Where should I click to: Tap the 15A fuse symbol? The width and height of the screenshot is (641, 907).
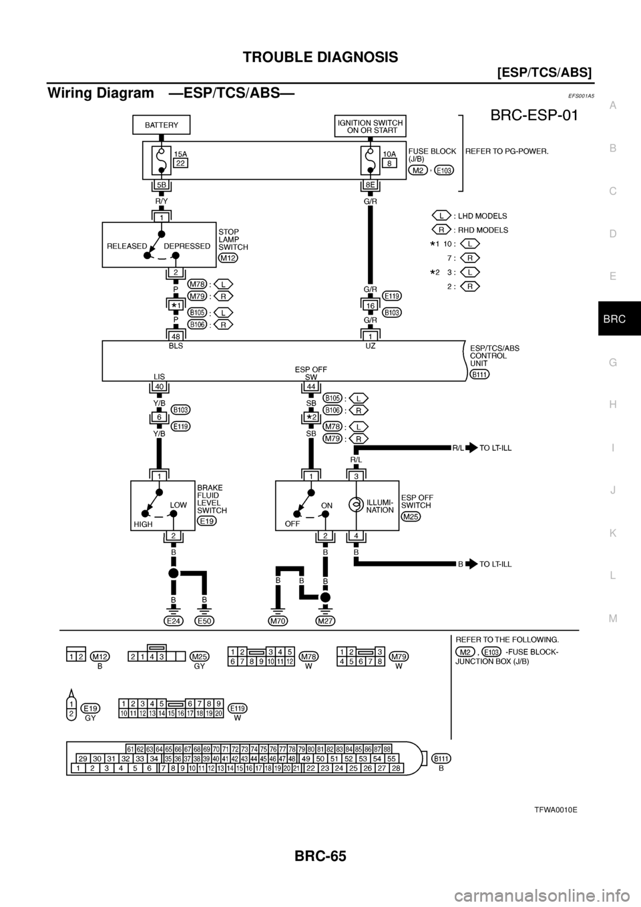[161, 160]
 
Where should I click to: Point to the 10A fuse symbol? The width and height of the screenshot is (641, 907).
[367, 160]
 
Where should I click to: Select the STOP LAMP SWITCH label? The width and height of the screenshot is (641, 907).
[233, 239]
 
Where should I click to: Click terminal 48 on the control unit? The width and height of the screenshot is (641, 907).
[176, 334]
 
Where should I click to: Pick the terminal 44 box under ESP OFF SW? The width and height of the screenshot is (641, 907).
[311, 387]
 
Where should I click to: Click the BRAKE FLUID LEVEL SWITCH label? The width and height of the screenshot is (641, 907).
[212, 499]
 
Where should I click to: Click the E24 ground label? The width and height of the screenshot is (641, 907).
[174, 620]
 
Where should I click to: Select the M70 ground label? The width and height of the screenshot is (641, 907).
[277, 620]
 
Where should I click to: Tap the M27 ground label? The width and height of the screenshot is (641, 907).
[325, 620]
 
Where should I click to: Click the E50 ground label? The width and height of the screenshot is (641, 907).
[204, 620]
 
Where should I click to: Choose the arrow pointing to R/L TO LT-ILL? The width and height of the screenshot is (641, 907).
[471, 448]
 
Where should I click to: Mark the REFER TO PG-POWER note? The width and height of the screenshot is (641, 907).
[507, 151]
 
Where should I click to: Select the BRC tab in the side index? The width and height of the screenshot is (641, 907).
[614, 320]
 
